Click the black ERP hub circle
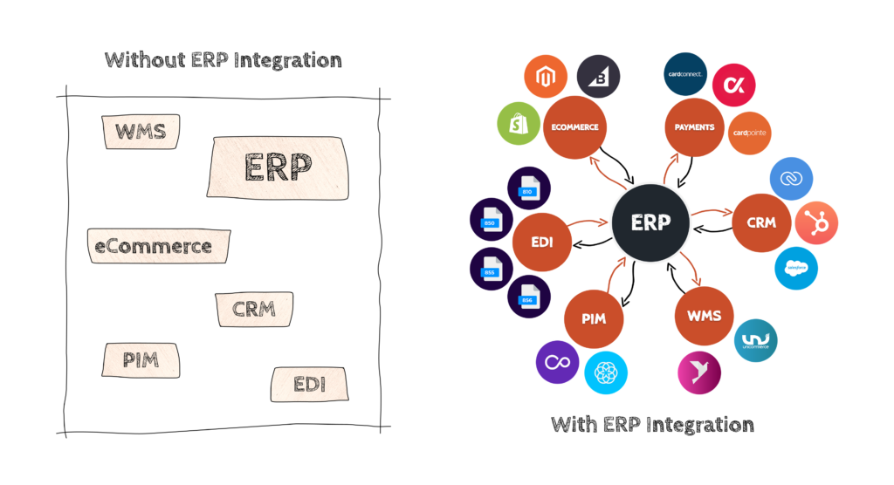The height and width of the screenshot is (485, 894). click(651, 222)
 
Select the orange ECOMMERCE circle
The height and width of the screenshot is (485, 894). click(574, 127)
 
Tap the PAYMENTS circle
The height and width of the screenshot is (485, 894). click(694, 127)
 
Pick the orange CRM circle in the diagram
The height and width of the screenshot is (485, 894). click(761, 222)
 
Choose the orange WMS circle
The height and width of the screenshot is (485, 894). click(704, 315)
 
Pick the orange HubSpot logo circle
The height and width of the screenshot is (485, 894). click(816, 222)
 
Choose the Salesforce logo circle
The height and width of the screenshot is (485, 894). click(795, 268)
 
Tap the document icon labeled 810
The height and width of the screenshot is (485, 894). click(528, 188)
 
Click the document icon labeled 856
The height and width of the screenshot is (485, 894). click(528, 297)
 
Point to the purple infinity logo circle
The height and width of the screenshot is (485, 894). click(557, 361)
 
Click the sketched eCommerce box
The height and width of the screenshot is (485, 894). click(158, 246)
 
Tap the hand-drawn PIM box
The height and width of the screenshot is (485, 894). click(141, 359)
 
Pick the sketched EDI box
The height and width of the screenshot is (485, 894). click(309, 383)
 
